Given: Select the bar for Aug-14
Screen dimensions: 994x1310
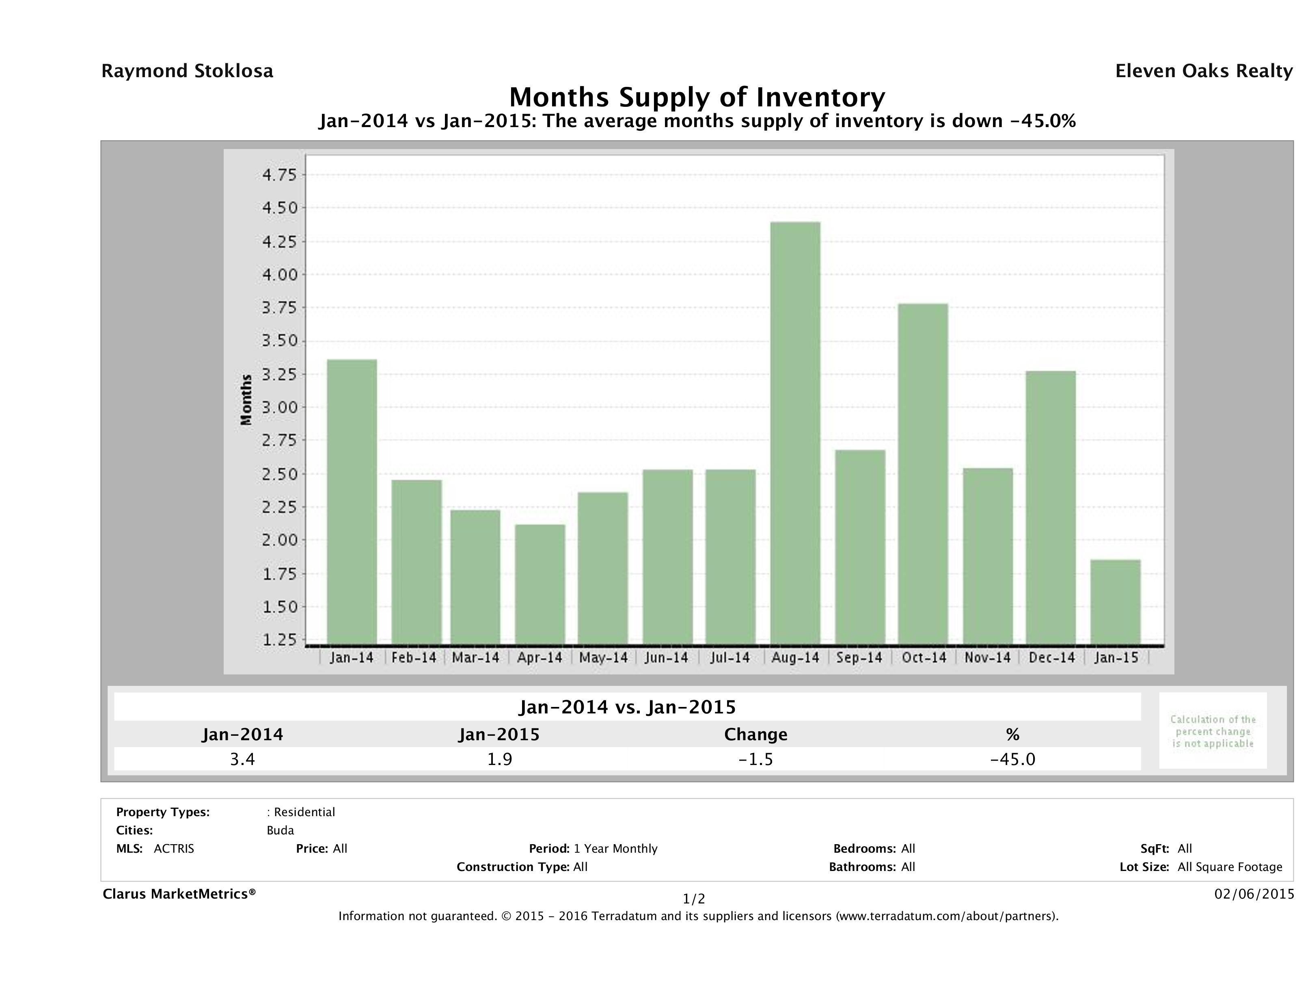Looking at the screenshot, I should pyautogui.click(x=795, y=432).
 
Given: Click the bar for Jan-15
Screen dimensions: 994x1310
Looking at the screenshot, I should pyautogui.click(x=1115, y=601).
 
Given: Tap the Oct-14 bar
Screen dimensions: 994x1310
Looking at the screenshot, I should pyautogui.click(x=923, y=473).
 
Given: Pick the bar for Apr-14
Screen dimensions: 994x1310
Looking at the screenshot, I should pyautogui.click(x=540, y=583).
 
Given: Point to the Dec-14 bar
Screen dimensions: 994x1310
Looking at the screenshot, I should pyautogui.click(x=1051, y=507).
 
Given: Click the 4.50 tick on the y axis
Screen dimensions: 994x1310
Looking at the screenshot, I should pyautogui.click(x=279, y=208).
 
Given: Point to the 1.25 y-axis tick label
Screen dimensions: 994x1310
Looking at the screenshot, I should pyautogui.click(x=279, y=640).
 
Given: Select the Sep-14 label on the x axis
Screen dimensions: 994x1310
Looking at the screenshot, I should pyautogui.click(x=859, y=657).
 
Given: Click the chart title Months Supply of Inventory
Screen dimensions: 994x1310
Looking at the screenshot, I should pyautogui.click(x=697, y=97).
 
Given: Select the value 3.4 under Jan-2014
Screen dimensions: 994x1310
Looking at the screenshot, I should pyautogui.click(x=242, y=759).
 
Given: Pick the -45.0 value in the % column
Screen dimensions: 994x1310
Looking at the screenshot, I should pyautogui.click(x=1013, y=759).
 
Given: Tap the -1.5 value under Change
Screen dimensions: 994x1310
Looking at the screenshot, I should pyautogui.click(x=756, y=759).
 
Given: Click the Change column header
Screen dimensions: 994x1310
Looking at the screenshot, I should pyautogui.click(x=756, y=735).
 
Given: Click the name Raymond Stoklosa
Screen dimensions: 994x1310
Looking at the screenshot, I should pyautogui.click(x=187, y=71).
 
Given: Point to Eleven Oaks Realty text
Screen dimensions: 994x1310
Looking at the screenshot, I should pyautogui.click(x=1203, y=71).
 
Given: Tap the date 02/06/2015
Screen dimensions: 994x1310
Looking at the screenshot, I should pyautogui.click(x=1254, y=893).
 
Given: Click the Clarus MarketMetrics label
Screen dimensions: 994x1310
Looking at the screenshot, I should pyautogui.click(x=179, y=893).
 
